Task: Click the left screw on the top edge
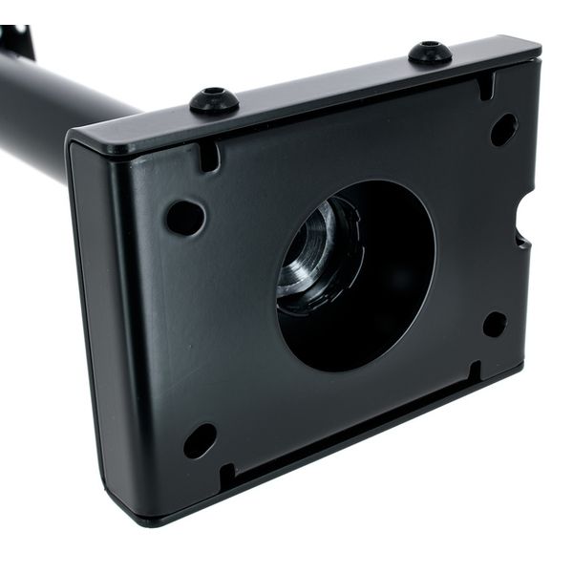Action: point(214,99)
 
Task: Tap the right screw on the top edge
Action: point(430,52)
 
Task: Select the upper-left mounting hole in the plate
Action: point(184,218)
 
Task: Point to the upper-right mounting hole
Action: point(503,130)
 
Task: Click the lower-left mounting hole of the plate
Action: point(200,439)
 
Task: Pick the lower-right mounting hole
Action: point(495,324)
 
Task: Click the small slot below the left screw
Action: point(209,156)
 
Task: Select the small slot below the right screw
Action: point(486,86)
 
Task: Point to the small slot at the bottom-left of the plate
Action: point(227,475)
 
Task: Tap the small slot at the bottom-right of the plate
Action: point(475,371)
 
